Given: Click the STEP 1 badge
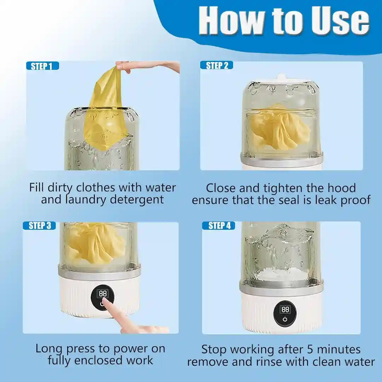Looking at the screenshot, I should click(x=42, y=66).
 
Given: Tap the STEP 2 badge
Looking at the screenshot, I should click(x=216, y=65).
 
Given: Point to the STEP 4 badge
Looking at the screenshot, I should click(x=218, y=226).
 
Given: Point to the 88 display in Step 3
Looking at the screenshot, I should click(x=103, y=294).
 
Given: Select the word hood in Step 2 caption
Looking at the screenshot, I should click(x=341, y=188).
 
